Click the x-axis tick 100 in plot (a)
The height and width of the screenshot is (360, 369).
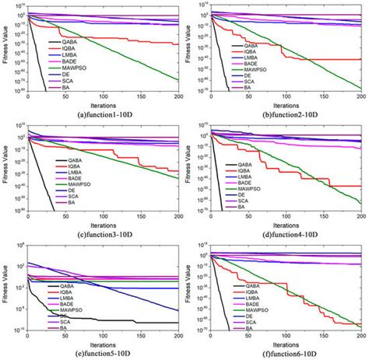[x=104, y=96]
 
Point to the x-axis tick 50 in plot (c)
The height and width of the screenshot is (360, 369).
[x=65, y=215]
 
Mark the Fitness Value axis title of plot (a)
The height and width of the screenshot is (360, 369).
[x=5, y=51]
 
